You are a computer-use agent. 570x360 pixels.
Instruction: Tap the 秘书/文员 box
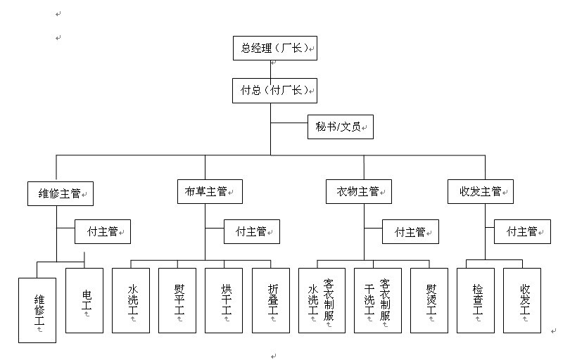(340, 129)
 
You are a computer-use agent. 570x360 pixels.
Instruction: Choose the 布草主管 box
(209, 191)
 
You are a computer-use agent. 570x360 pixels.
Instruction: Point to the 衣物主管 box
(359, 191)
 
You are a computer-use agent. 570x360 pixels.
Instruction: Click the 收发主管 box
(481, 191)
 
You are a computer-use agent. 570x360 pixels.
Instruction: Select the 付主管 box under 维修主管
(103, 231)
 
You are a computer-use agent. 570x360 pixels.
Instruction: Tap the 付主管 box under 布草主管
(251, 231)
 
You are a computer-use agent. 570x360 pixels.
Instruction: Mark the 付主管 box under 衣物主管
(410, 231)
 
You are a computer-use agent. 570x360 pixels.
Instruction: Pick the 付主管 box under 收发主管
(522, 231)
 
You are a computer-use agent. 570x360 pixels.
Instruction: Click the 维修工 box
(37, 310)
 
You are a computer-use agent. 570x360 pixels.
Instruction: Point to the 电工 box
(84, 300)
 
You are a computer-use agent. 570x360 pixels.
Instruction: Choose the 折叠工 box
(271, 300)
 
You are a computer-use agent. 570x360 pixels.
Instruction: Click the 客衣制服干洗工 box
(377, 300)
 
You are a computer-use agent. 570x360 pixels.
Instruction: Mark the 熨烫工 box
(429, 300)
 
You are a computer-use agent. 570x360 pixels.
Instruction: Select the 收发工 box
(522, 300)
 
